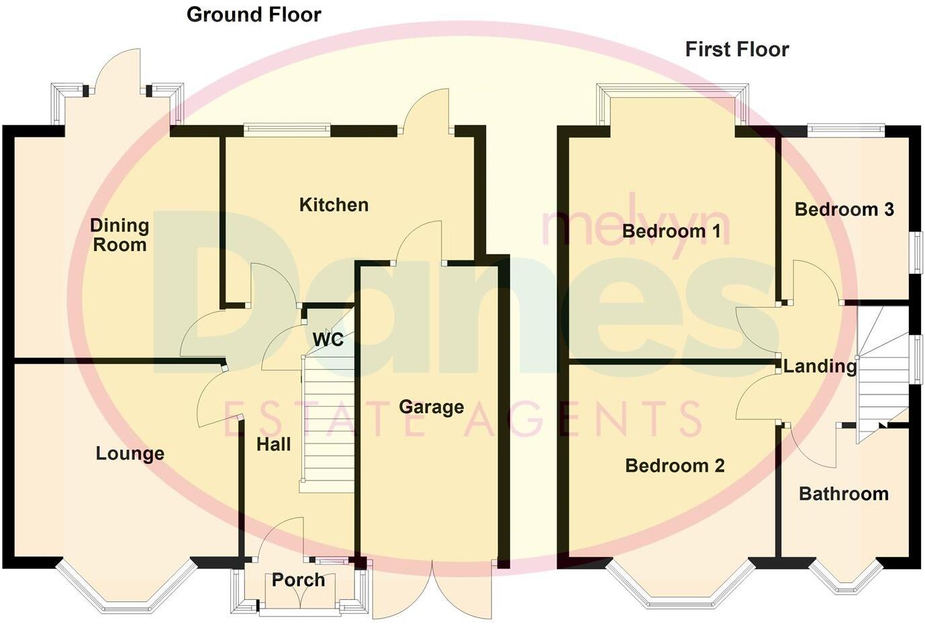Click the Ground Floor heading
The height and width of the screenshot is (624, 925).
point(254,15)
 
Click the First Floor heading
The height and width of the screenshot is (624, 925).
point(736,49)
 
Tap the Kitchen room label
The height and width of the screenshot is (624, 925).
point(334,205)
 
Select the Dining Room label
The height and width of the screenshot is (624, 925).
point(119,236)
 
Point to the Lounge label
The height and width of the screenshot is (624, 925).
point(130,454)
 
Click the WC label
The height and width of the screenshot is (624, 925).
point(328,340)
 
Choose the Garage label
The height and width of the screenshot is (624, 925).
point(431,407)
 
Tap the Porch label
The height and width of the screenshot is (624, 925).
point(298,580)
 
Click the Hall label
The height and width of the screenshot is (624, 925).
point(273,444)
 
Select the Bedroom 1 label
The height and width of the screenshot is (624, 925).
point(671,231)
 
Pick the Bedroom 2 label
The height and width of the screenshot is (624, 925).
point(675,466)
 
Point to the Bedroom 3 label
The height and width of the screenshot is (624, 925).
point(844,209)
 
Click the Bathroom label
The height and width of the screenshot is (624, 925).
point(843,495)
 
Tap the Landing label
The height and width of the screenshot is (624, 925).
point(820,366)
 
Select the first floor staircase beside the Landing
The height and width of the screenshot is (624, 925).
point(881,376)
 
